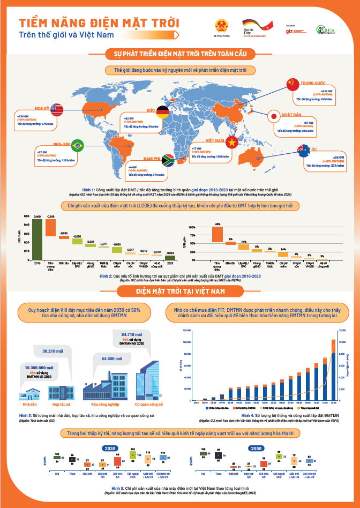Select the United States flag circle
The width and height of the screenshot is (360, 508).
pos(58,109)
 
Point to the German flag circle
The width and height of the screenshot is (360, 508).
pos(162,112)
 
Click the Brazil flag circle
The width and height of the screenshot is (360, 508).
pos(78,145)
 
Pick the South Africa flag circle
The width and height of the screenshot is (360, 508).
pos(167,159)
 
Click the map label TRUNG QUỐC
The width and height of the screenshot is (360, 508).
pos(314,83)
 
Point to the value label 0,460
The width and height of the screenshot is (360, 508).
pos(37,216)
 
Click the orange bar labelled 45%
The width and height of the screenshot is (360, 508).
pos(217,234)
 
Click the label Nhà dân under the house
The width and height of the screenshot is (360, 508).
pos(22,404)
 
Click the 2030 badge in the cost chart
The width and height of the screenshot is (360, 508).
pos(110,448)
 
